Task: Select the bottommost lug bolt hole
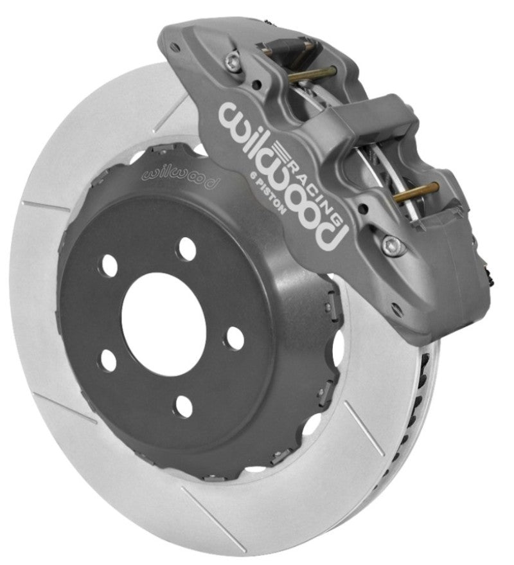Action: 184,406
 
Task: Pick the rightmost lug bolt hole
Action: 236,337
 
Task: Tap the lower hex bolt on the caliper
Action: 390,245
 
